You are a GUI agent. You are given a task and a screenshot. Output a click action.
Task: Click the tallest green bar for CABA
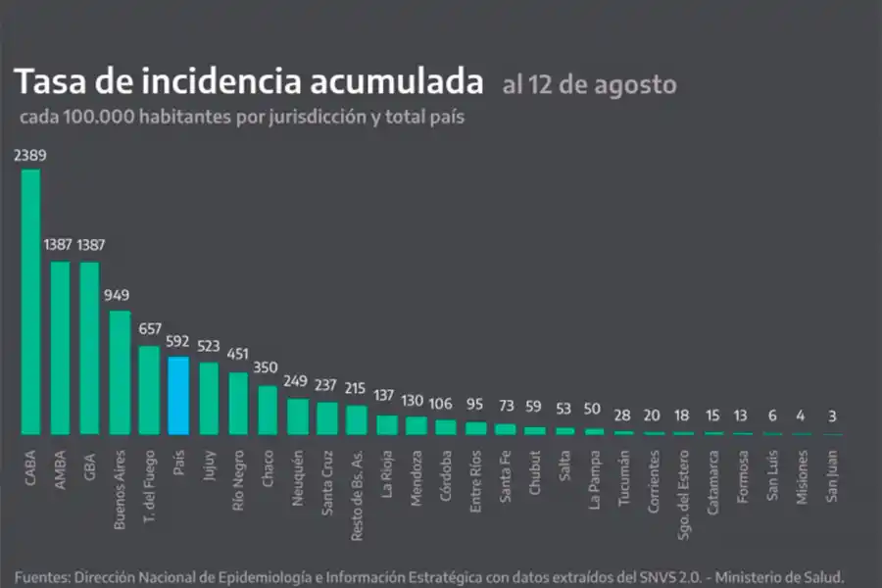click(30, 302)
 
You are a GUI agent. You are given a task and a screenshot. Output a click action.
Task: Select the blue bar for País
click(178, 395)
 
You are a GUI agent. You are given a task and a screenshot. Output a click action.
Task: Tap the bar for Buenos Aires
click(120, 372)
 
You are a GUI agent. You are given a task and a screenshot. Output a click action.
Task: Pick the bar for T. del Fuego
click(149, 390)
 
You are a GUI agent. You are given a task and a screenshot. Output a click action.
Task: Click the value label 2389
click(30, 155)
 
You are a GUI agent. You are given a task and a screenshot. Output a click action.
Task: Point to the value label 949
click(120, 296)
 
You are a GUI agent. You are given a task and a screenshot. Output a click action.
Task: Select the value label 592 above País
click(178, 342)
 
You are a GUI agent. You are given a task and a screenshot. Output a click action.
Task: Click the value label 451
click(238, 355)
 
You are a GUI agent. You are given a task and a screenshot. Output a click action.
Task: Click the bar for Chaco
click(268, 410)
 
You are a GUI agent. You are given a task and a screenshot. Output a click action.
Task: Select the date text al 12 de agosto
click(589, 84)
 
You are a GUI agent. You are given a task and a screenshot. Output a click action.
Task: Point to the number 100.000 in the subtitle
click(98, 116)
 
